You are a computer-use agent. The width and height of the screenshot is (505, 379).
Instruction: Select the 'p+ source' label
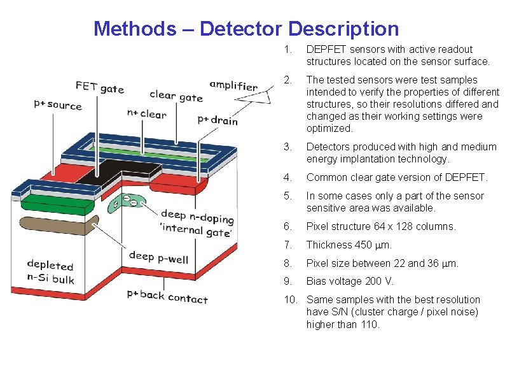[58, 104]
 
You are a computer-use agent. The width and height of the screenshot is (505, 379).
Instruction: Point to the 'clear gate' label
[176, 96]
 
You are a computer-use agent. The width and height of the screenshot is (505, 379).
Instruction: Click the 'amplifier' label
[233, 86]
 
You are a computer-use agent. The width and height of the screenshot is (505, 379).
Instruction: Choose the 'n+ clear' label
[146, 114]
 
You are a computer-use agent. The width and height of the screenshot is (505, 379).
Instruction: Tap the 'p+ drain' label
[218, 120]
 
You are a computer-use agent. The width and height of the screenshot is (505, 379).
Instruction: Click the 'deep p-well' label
[158, 257]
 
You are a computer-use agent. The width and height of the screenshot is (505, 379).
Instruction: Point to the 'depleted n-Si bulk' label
[50, 273]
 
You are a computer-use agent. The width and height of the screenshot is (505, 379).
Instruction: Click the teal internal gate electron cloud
[127, 203]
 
